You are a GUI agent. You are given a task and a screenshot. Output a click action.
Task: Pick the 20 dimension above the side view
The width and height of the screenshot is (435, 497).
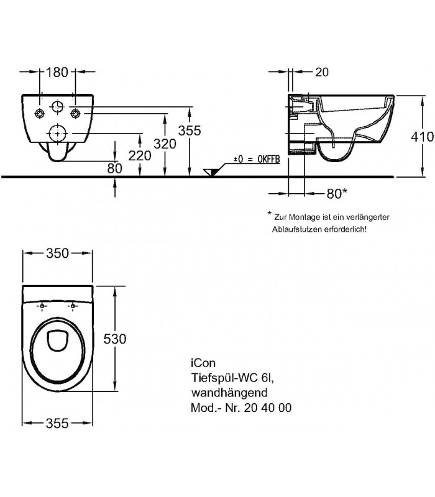tap(323, 72)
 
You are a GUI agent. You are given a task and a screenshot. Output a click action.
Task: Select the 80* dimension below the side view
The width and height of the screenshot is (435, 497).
tap(336, 193)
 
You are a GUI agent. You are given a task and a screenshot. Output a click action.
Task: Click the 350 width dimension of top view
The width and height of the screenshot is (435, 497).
tap(57, 253)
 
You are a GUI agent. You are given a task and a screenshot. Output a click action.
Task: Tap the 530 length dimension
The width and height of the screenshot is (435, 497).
tap(115, 339)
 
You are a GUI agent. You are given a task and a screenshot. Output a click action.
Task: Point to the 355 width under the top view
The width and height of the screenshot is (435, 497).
tap(57, 423)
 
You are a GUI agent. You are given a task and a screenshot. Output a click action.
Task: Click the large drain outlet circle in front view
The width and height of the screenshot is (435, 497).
tap(57, 133)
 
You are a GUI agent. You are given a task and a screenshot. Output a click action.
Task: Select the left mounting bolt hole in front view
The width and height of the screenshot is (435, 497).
tap(39, 113)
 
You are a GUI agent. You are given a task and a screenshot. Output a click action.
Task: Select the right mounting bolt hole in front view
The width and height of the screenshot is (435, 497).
tap(76, 113)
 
